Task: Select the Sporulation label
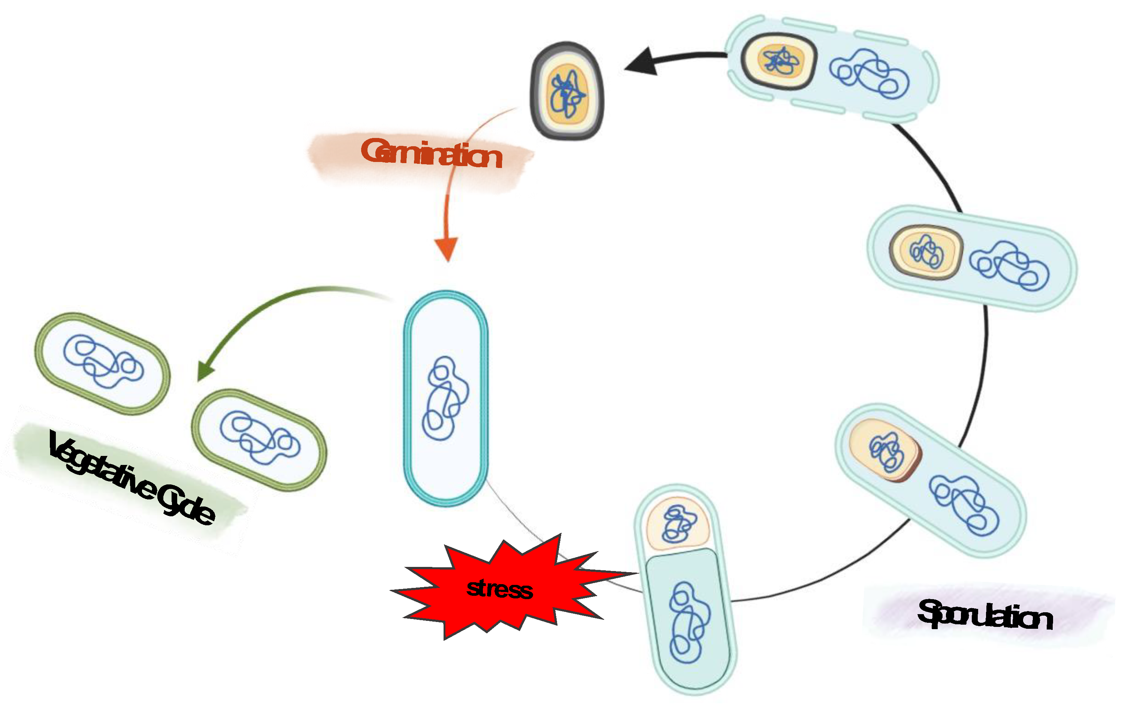click(x=985, y=615)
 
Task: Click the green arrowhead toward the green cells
click(x=205, y=371)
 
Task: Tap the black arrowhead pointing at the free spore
click(x=642, y=62)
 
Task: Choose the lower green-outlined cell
click(x=259, y=439)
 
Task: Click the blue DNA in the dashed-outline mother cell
click(x=870, y=75)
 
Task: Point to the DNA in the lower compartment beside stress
click(x=689, y=622)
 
